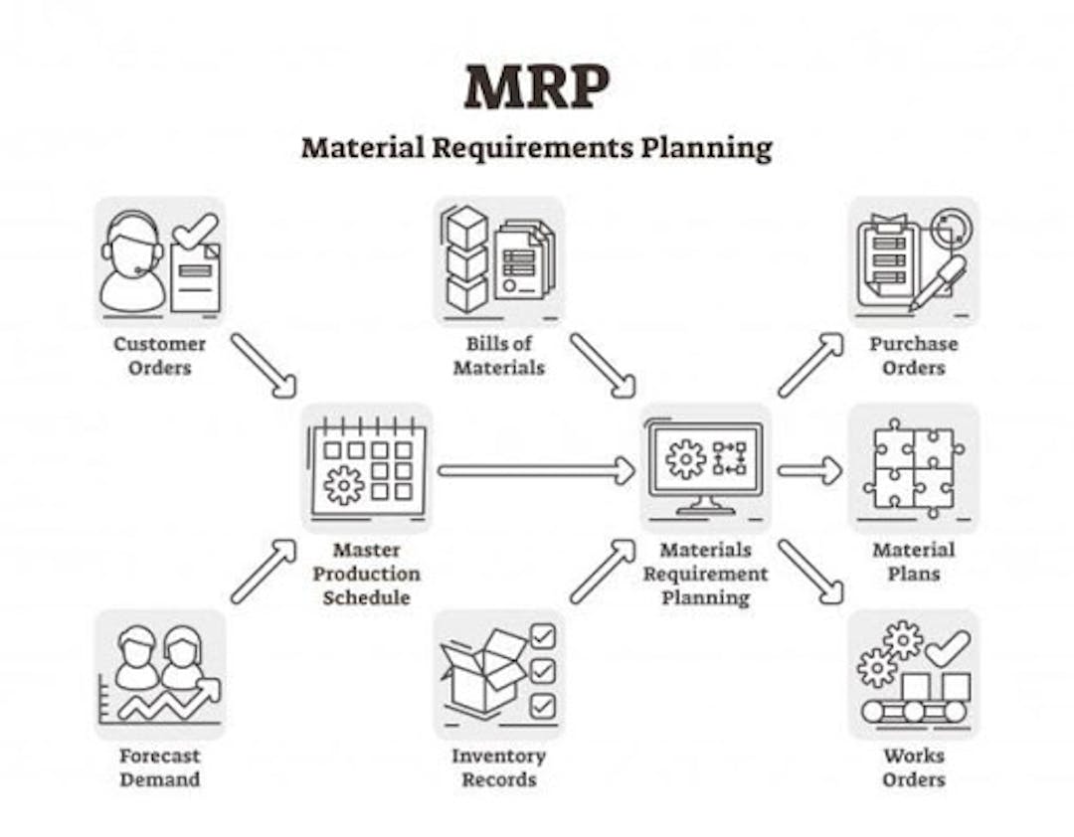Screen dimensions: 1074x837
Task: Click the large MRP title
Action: [x=536, y=87]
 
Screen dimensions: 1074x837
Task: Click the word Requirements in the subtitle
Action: [x=531, y=148]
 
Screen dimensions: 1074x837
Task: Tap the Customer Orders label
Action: [x=159, y=356]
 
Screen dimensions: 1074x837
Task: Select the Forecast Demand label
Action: [x=159, y=767]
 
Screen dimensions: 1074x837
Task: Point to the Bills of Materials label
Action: [x=498, y=356]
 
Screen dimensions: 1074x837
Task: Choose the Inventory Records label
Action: [x=498, y=767]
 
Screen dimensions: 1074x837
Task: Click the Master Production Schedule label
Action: [x=366, y=574]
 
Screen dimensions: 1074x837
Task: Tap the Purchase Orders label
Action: [x=914, y=356]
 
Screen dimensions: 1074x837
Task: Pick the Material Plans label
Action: [x=914, y=562]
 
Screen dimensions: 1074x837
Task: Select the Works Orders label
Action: [x=914, y=767]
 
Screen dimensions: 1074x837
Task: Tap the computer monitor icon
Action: [x=705, y=467]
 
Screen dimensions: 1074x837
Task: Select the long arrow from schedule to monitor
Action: [x=537, y=470]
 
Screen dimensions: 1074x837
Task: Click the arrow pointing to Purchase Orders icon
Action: [x=811, y=365]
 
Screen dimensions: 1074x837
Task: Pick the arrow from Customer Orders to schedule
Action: [x=264, y=366]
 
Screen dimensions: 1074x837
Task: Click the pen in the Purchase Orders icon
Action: [x=937, y=281]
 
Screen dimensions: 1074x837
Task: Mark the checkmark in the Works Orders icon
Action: [x=948, y=647]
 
